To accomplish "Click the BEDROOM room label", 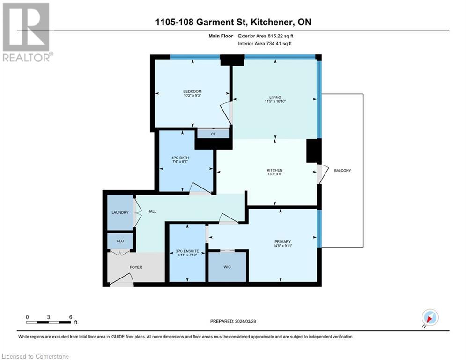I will coord(192,91).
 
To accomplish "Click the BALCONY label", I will coord(342,170).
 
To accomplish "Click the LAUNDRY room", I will coord(120,212).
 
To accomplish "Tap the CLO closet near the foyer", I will coord(120,241).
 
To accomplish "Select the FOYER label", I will coord(136,267).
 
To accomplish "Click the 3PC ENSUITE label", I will coord(187,251).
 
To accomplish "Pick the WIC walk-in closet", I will coord(227,267).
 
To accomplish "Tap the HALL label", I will coord(152,211).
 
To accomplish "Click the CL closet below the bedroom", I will coord(213,134).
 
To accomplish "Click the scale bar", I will coord(49,322).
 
